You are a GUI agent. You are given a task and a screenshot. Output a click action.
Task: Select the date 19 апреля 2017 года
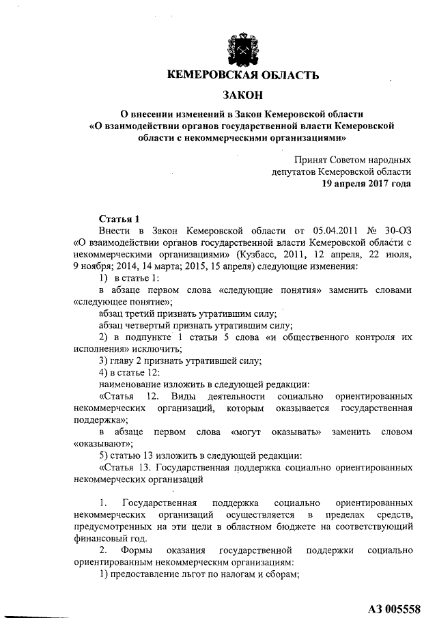coord(367,184)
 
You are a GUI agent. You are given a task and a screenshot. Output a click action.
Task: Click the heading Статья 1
coord(119,219)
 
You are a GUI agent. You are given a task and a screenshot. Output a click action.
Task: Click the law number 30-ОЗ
coord(398,231)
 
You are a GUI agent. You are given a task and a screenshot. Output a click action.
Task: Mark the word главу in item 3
coord(124,361)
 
